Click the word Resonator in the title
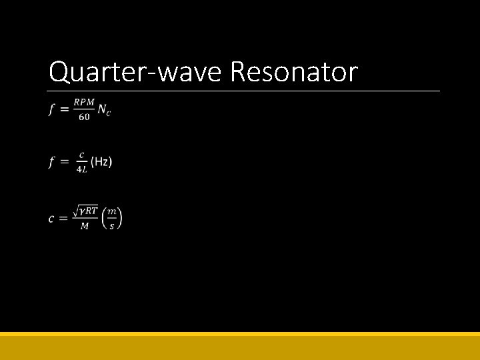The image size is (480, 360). tap(294, 72)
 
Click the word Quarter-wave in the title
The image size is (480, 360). tap(136, 72)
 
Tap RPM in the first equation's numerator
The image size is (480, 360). tap(84, 102)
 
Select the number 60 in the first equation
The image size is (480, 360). tap(84, 117)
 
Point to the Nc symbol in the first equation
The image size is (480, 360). tap(104, 110)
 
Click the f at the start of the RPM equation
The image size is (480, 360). tap(52, 110)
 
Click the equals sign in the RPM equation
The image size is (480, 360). tap(65, 110)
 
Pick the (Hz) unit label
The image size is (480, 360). tap(101, 162)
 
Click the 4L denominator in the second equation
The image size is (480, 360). tap(81, 169)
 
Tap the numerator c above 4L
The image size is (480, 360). tap(81, 155)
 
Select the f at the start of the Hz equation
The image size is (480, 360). tap(52, 162)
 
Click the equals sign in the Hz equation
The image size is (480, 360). tap(65, 162)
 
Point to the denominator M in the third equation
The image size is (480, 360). tap(85, 226)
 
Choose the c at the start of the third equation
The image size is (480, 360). tap(51, 219)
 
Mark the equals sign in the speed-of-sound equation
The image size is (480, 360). tap(65, 219)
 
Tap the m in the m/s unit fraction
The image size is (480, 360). tap(112, 211)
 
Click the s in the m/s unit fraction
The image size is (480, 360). tap(112, 226)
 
